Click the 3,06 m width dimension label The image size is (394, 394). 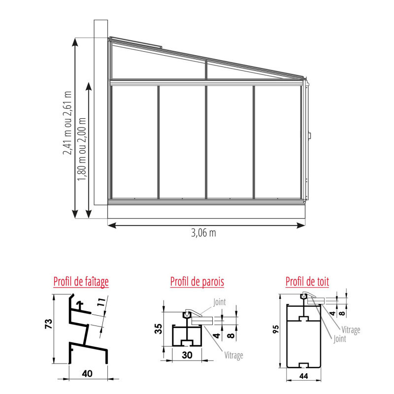click(203, 233)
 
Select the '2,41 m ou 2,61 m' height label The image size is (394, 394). click(67, 123)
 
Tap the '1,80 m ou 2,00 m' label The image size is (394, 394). click(82, 149)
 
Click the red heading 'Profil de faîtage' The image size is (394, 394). click(81, 282)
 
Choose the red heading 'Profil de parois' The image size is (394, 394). click(197, 282)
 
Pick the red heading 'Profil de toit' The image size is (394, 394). click(307, 281)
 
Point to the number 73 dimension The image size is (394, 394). click(48, 324)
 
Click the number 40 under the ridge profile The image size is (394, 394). click(87, 374)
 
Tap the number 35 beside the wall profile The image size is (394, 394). click(158, 328)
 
